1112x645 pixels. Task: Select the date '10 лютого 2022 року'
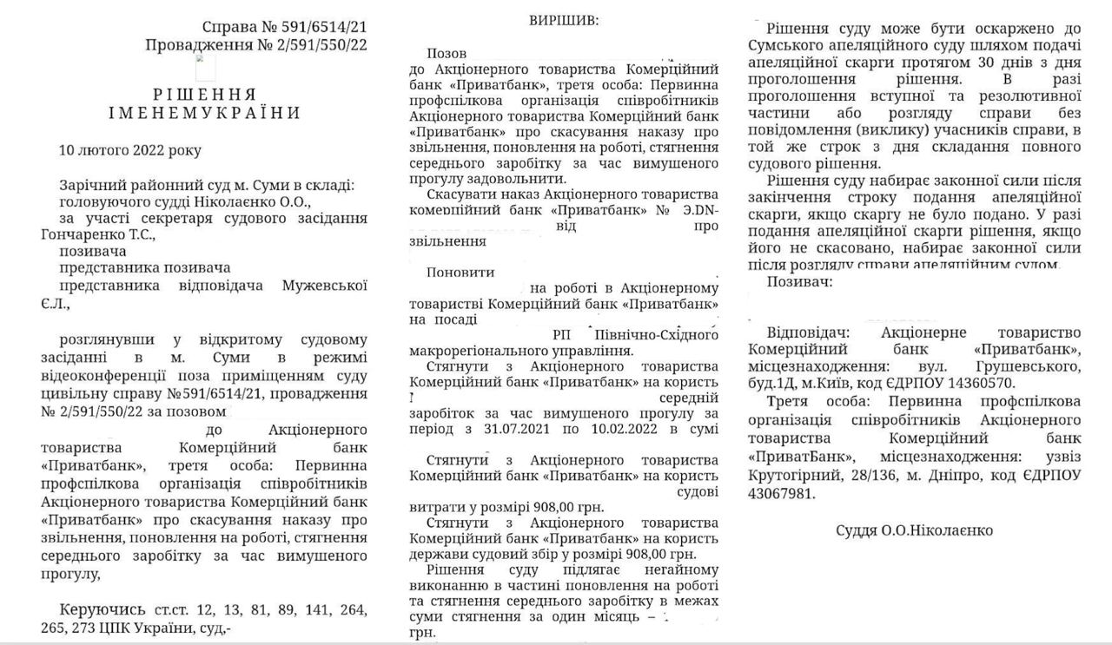130,150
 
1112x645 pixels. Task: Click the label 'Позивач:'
800,282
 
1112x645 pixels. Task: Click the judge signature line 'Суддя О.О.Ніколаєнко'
915,530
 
